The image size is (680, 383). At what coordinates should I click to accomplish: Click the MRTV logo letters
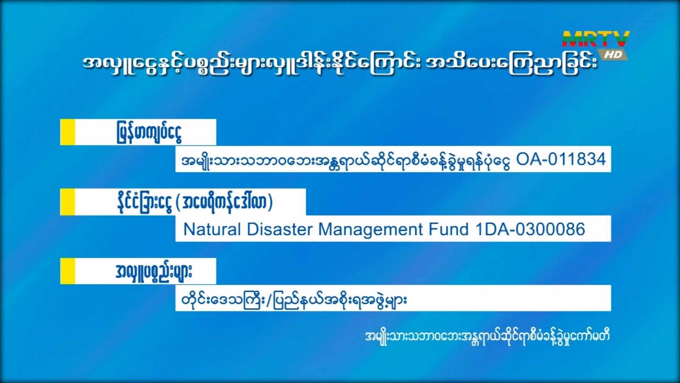596,39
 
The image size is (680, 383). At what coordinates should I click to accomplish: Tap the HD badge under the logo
613,55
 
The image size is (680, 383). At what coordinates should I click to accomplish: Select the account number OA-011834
561,159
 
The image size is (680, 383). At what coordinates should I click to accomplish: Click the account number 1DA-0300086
530,229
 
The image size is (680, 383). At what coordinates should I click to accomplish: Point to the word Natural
212,229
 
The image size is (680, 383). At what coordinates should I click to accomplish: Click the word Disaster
280,229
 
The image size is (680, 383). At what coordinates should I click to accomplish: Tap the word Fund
449,229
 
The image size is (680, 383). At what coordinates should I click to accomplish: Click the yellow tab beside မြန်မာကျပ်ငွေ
68,132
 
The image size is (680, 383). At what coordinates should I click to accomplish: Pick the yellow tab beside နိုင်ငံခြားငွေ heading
68,202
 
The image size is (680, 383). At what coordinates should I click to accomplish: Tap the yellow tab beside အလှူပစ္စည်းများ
68,271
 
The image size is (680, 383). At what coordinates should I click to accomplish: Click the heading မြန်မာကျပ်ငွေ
149,133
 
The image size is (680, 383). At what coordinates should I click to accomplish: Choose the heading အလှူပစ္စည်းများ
154,272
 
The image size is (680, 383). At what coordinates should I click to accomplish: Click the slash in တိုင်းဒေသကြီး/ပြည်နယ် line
270,300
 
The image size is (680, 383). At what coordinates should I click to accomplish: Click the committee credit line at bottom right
487,337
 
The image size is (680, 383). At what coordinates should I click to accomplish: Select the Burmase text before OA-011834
346,160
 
